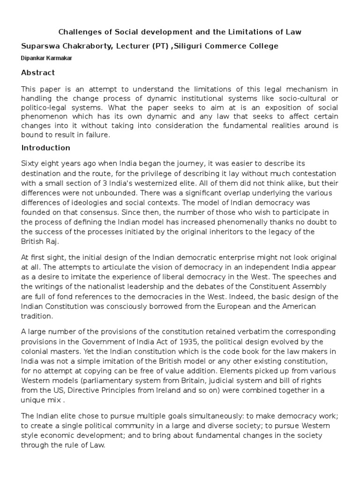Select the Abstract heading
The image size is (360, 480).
click(x=38, y=73)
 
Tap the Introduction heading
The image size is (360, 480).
click(x=46, y=148)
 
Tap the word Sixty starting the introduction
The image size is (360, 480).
click(x=30, y=163)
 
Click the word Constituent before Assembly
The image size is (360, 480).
click(x=265, y=286)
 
